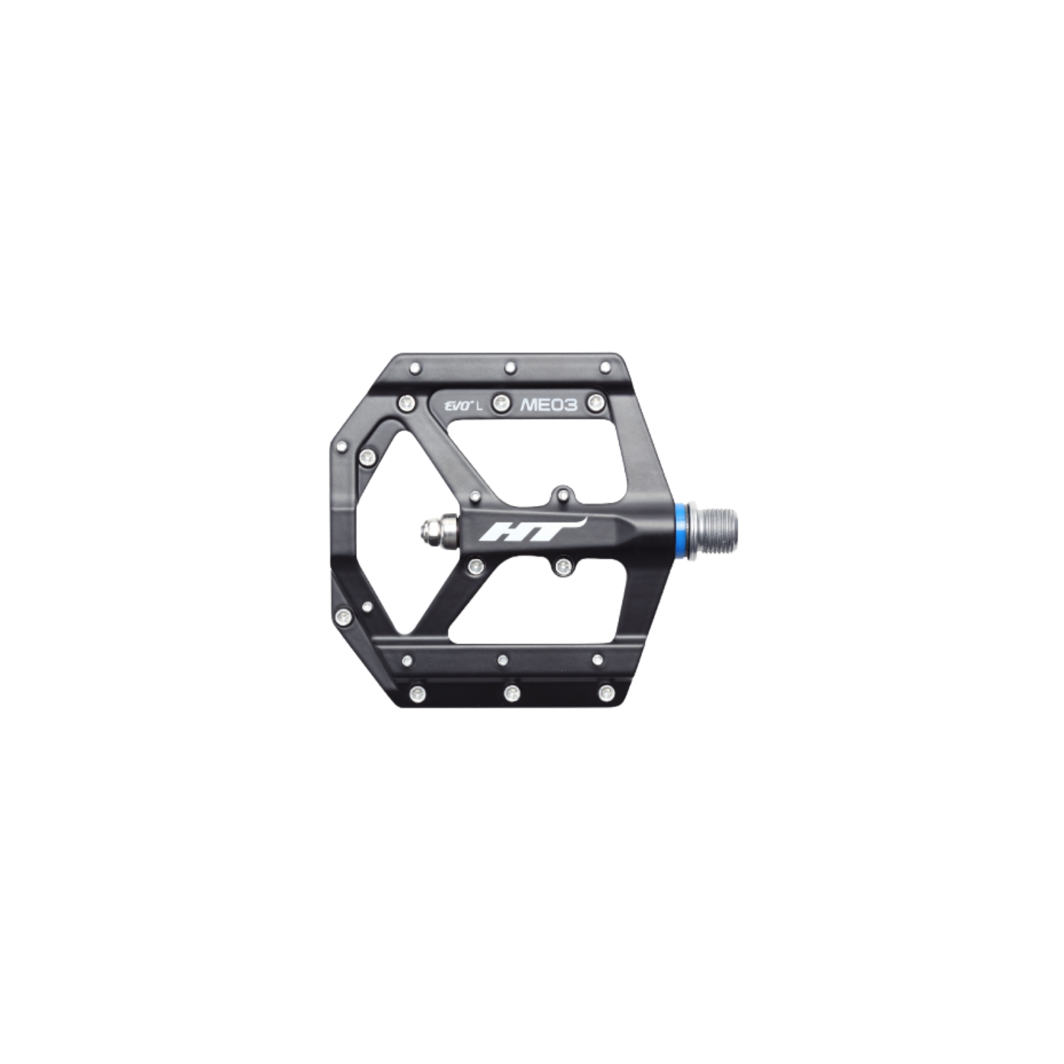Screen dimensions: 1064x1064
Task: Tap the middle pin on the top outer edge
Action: point(510,367)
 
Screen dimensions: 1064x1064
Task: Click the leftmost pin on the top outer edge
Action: point(415,369)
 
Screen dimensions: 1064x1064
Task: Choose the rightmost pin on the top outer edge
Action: point(606,368)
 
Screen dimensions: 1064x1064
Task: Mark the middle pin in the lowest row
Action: point(511,693)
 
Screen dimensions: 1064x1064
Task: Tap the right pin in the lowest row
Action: point(606,693)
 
